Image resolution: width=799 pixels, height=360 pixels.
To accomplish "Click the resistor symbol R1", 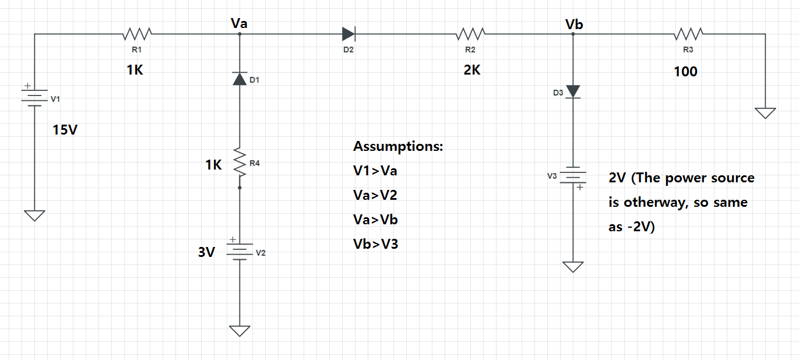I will click(x=138, y=34).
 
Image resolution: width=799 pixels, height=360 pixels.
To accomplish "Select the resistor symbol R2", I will click(x=470, y=34).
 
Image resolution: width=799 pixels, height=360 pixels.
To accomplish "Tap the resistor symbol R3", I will click(x=688, y=34).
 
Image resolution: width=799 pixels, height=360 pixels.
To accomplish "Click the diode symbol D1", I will click(x=240, y=79).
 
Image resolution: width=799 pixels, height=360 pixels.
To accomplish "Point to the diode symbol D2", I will click(x=349, y=34).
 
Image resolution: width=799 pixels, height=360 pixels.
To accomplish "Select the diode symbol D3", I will click(x=573, y=91).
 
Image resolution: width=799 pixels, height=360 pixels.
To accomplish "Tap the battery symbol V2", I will click(x=240, y=250).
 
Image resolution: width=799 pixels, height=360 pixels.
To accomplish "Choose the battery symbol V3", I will click(x=573, y=176).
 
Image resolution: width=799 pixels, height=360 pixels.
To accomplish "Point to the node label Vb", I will click(x=573, y=24).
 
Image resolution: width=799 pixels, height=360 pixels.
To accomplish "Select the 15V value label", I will click(x=65, y=129).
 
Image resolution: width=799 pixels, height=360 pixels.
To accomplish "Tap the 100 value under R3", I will click(x=685, y=72).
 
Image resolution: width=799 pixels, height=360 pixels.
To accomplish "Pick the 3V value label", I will click(x=207, y=252).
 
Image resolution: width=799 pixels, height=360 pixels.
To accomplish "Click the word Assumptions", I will click(x=398, y=146).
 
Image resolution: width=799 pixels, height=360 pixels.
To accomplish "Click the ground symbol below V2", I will click(x=240, y=331).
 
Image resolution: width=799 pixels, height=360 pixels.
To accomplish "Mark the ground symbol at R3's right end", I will click(x=765, y=112).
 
